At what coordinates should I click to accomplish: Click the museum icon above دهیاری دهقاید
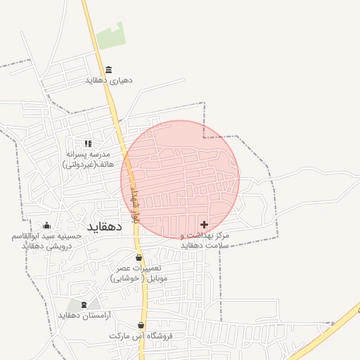click(108, 70)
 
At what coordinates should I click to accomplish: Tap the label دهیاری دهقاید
click(109, 80)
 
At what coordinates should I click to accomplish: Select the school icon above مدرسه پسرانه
click(88, 143)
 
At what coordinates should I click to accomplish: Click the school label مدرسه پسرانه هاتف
click(88, 159)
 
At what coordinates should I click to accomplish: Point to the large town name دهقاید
click(105, 227)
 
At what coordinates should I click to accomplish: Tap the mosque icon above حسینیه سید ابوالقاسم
click(47, 225)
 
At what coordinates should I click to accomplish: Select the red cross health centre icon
click(204, 224)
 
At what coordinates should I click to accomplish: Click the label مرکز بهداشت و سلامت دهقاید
click(205, 240)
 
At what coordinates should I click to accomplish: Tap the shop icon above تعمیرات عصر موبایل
click(139, 258)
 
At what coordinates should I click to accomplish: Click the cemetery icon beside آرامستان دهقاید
click(85, 304)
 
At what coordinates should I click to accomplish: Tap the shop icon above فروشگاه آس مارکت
click(141, 326)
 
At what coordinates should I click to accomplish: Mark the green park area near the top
click(110, 36)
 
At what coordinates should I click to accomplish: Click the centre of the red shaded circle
click(180, 179)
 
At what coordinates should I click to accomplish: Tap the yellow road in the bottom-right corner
click(330, 330)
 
